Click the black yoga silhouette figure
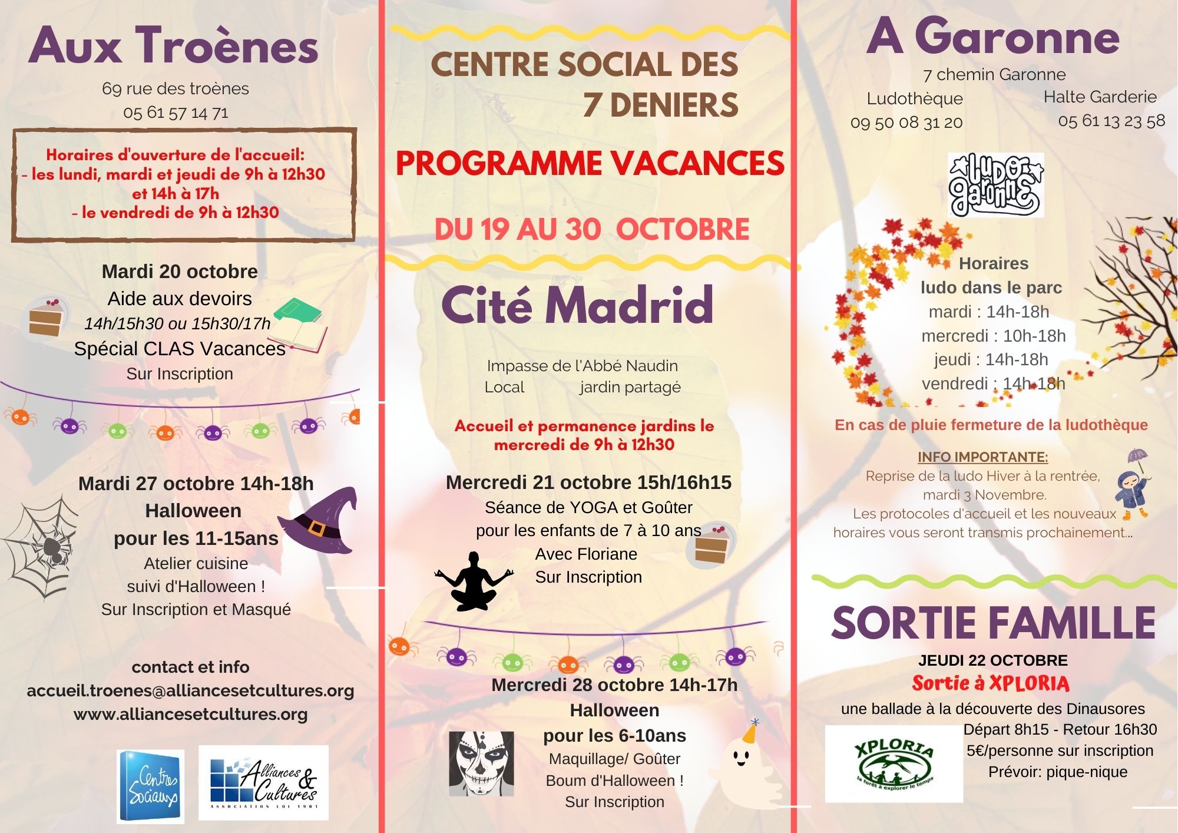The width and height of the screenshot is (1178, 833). (474, 581)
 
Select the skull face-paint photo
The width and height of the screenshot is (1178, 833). (481, 763)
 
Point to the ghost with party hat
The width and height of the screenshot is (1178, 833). (743, 760)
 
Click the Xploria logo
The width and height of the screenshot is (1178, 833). (894, 763)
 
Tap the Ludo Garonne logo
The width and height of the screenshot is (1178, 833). (995, 185)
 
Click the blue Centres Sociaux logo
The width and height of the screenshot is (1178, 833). (151, 786)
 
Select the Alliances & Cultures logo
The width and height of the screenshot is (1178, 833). (263, 783)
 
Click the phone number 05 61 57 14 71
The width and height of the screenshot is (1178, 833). (176, 113)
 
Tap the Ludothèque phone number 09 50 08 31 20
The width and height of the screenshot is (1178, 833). (906, 123)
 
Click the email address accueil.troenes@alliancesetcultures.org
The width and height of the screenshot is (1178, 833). (190, 690)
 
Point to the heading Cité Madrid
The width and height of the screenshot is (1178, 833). (577, 305)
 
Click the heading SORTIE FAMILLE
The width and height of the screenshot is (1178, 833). (993, 623)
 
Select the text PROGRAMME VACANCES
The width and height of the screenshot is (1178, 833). (590, 163)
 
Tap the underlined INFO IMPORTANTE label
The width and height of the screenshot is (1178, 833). (982, 457)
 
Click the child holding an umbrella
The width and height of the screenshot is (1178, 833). (1133, 486)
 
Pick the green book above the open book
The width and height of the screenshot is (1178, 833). (298, 310)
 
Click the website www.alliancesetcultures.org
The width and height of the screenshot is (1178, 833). (190, 714)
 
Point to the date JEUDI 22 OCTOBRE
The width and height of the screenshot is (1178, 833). (993, 660)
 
